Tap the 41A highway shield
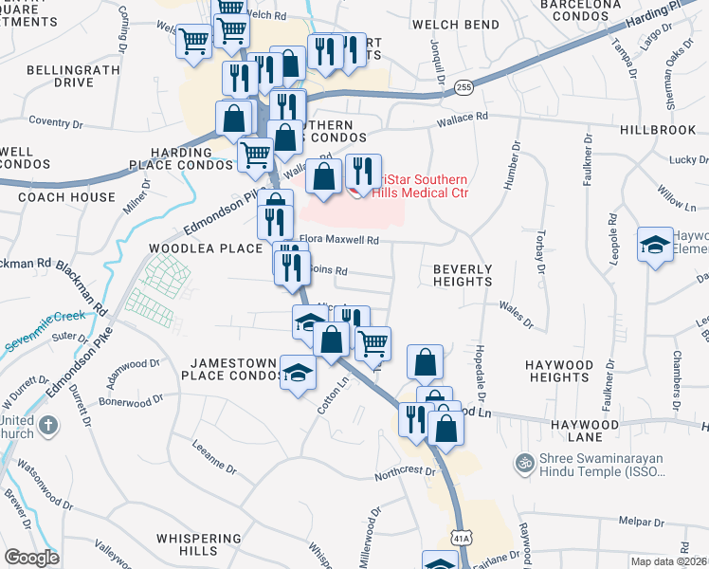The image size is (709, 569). [462, 538]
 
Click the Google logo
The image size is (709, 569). [31, 557]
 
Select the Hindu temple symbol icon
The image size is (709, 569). [521, 464]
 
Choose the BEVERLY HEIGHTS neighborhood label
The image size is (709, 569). [463, 275]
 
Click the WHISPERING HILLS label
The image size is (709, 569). [199, 545]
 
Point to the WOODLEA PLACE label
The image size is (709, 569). [204, 248]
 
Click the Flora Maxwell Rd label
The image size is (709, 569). [339, 241]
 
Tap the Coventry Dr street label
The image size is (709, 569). [57, 120]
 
